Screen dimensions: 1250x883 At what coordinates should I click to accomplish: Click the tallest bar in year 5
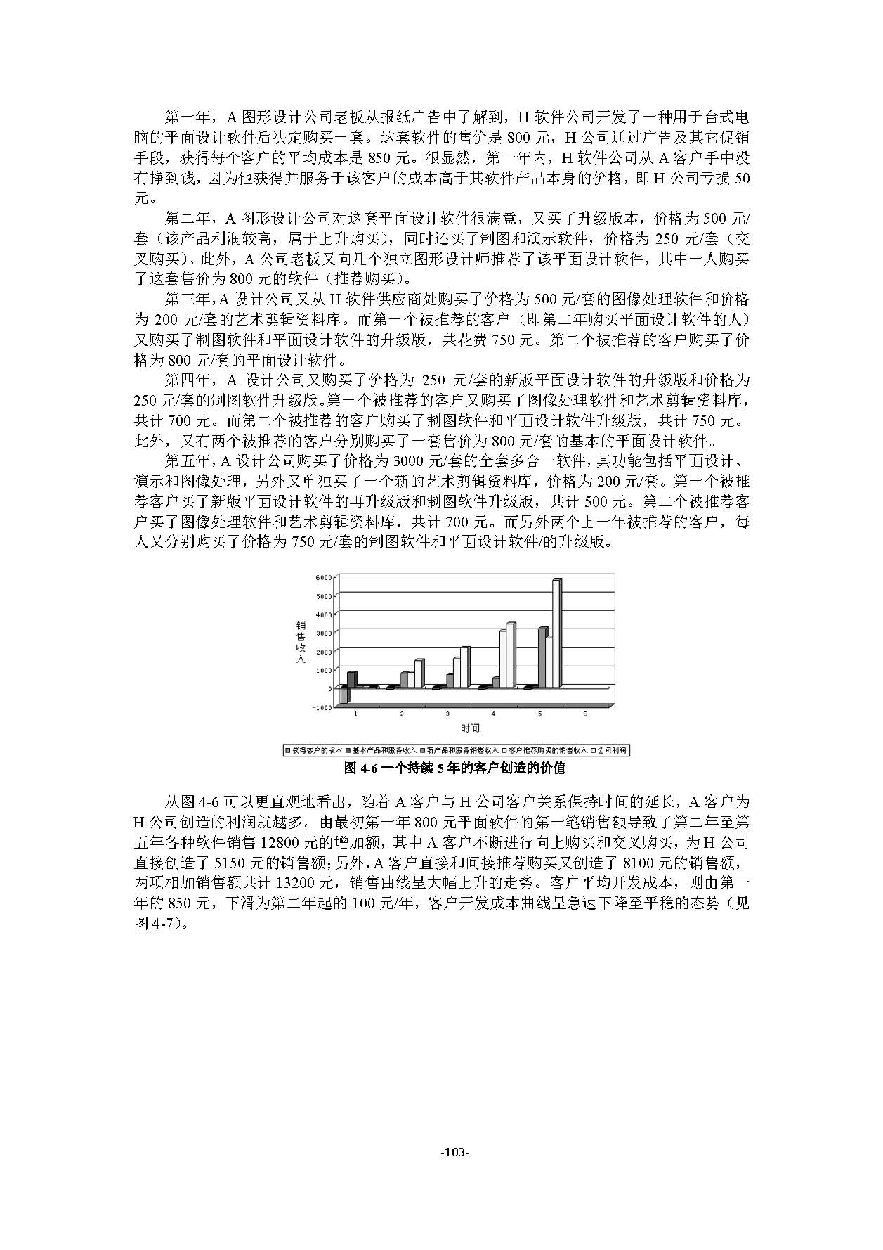tap(556, 633)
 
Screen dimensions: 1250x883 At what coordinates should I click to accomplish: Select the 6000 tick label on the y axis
tap(323, 578)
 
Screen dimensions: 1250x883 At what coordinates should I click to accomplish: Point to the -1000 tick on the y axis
tap(322, 707)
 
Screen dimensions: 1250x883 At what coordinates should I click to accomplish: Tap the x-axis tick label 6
tap(585, 714)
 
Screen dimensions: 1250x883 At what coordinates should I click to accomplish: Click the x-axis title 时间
tap(470, 728)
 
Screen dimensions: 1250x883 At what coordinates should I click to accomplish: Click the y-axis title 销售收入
tap(301, 642)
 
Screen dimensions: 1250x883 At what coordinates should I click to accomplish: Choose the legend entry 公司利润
tap(610, 751)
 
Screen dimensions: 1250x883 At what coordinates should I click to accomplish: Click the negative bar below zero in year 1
tap(344, 695)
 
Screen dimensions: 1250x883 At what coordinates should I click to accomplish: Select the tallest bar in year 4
tap(511, 655)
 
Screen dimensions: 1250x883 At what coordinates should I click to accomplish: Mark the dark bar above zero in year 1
tap(351, 679)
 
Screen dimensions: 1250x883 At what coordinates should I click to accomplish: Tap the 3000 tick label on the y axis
tap(323, 633)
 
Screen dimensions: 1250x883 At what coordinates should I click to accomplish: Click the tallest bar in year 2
tap(419, 674)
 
